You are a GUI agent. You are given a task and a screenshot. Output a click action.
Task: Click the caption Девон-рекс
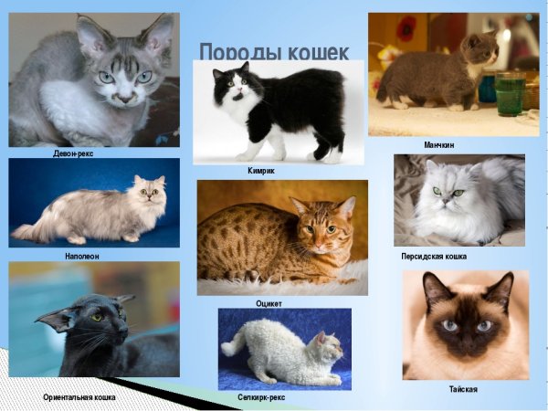(x=73, y=153)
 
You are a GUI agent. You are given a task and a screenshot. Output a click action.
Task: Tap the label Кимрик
(x=261, y=171)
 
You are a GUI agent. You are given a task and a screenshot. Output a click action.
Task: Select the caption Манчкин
(x=438, y=145)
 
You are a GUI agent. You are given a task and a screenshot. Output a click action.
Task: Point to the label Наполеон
(x=82, y=257)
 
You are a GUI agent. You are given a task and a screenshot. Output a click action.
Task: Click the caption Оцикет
(x=269, y=302)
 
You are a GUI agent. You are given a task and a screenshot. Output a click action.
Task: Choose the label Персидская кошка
(x=434, y=257)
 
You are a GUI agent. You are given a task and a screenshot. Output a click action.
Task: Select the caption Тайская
(x=463, y=389)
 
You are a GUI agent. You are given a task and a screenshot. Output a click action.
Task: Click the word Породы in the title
(x=234, y=52)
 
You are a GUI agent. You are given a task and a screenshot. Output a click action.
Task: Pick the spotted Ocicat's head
(x=320, y=224)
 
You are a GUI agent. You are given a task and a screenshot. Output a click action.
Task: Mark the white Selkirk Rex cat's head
(x=327, y=346)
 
